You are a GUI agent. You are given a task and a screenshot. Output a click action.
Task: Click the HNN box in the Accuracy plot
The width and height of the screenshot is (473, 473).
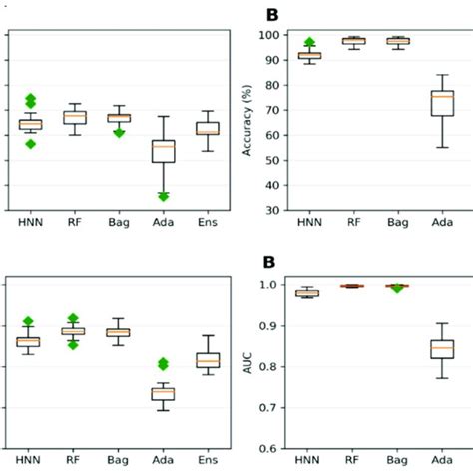coord(309,56)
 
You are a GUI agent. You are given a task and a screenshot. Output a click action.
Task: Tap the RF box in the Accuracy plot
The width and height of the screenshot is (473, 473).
coord(353,41)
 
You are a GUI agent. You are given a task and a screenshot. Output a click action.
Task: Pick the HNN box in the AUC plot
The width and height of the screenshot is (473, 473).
coord(309,293)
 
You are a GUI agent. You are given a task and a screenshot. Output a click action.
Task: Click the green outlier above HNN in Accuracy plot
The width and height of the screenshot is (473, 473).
coord(309,43)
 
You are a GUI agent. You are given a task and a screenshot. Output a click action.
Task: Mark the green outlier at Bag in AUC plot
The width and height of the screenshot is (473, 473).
coord(397,288)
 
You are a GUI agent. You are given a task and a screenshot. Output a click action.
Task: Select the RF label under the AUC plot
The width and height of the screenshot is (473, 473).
coord(353,462)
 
